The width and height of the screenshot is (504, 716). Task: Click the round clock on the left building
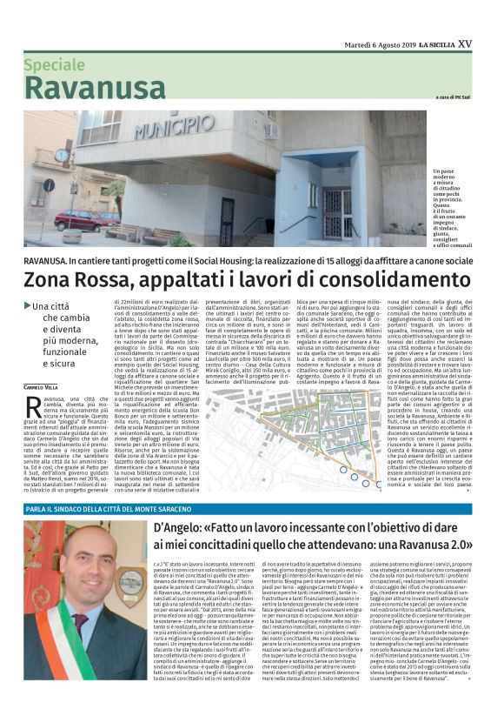[62, 156]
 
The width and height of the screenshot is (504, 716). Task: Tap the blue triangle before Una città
[28, 305]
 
